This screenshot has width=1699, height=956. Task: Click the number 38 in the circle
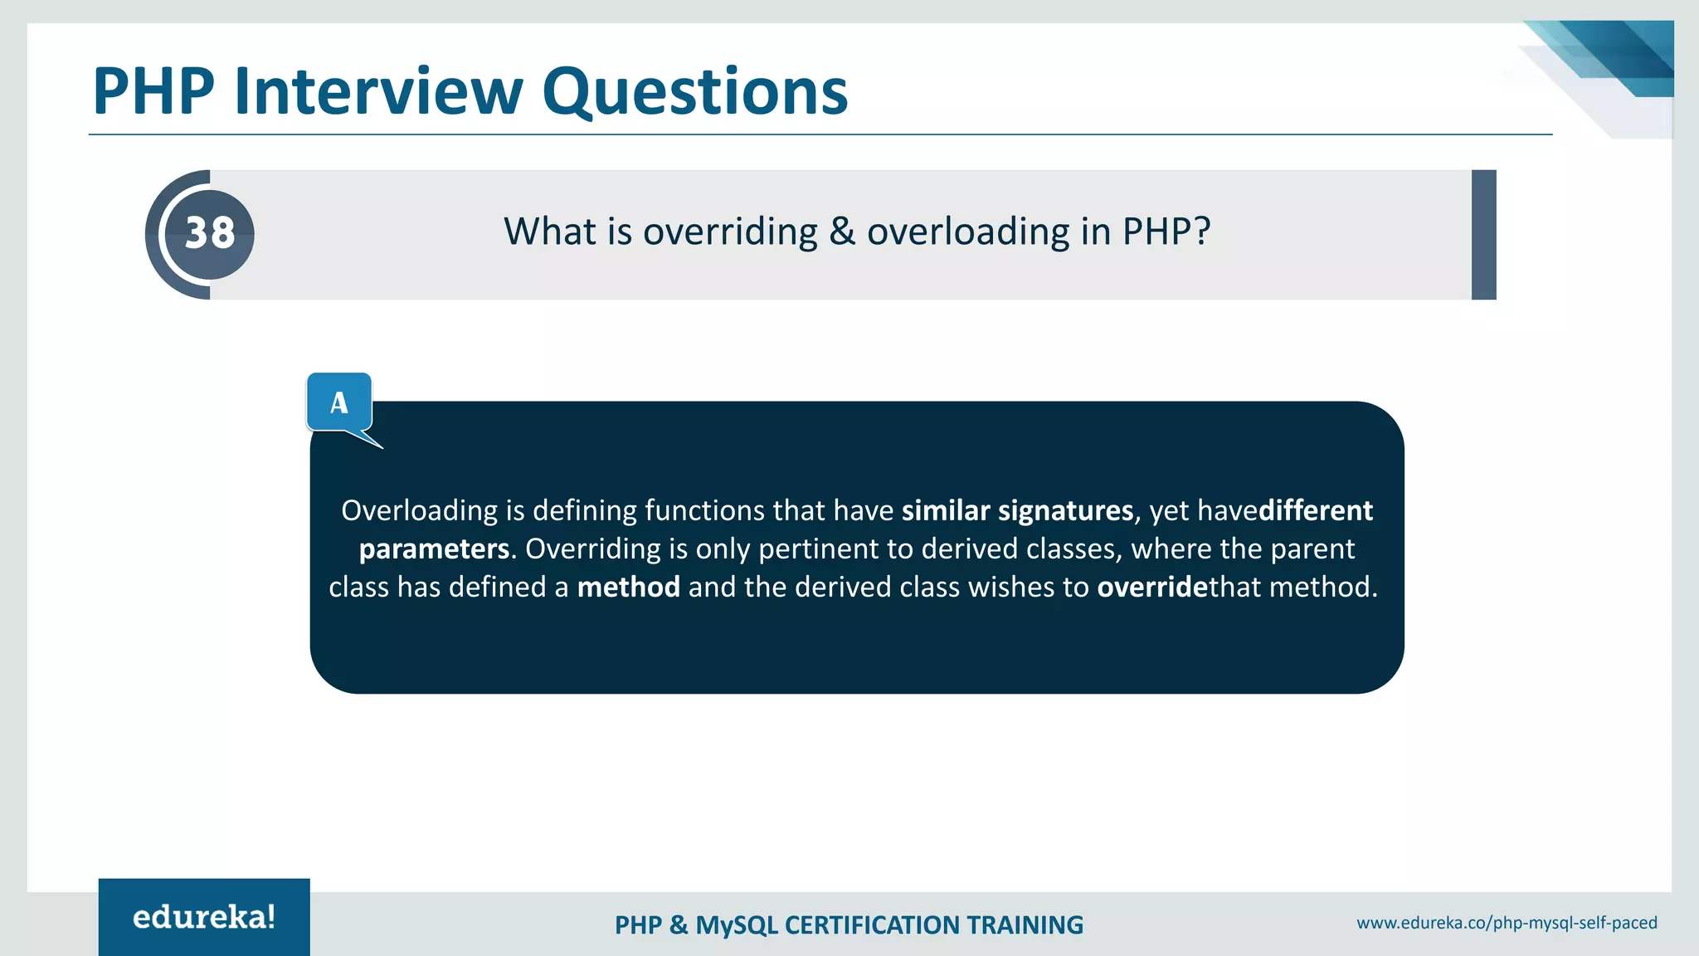point(210,233)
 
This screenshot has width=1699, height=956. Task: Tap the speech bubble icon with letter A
point(339,403)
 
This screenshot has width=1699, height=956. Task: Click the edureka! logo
point(204,917)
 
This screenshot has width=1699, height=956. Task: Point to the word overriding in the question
point(730,232)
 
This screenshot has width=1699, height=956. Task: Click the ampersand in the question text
point(842,232)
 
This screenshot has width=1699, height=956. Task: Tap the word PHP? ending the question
point(1166,232)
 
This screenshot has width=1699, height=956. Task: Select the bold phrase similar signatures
point(1017,510)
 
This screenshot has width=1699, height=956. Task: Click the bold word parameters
point(434,549)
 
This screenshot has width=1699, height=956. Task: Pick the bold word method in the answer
point(628,587)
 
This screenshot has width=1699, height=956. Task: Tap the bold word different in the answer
point(1316,510)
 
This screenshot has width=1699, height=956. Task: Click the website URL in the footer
point(1507,923)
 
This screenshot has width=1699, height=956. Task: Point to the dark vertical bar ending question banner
point(1483,235)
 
